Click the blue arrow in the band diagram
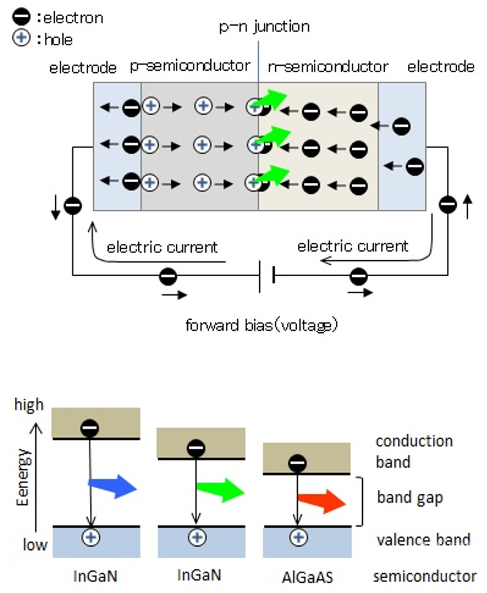(112, 487)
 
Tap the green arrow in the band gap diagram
(219, 492)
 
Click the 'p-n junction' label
(264, 26)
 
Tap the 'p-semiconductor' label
(190, 66)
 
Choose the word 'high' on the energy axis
(29, 404)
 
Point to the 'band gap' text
(410, 497)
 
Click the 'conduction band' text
(414, 451)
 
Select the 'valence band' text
(423, 540)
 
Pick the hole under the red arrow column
(297, 536)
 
